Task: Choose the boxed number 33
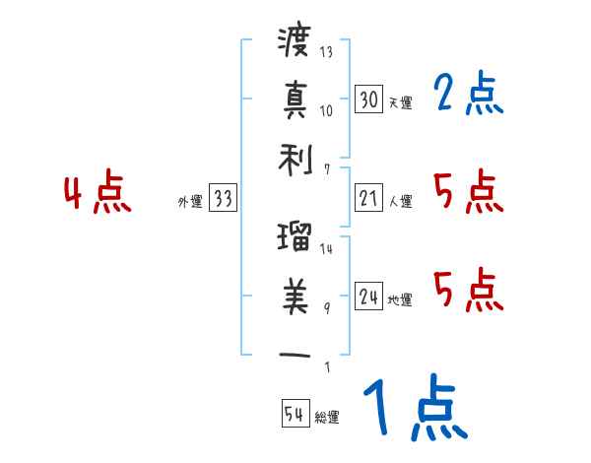click(x=223, y=198)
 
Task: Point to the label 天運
click(x=401, y=102)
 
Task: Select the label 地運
click(x=401, y=299)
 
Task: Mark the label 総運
click(x=327, y=418)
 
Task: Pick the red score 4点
click(x=98, y=193)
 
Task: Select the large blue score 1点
click(x=413, y=410)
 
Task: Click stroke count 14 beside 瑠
click(x=327, y=248)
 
